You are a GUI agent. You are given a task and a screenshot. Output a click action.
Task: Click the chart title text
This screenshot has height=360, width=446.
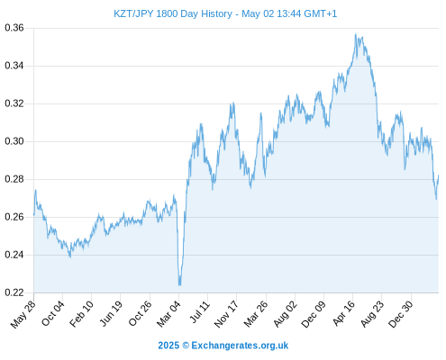point(225,13)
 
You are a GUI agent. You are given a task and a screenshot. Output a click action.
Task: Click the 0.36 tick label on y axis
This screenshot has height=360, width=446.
point(14,28)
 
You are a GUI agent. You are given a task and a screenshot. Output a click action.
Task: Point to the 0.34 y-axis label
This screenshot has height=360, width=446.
point(14,66)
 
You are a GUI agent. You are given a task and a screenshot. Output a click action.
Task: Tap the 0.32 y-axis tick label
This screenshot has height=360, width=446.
point(14,103)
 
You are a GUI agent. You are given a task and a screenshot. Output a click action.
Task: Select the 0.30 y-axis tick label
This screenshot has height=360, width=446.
point(14,141)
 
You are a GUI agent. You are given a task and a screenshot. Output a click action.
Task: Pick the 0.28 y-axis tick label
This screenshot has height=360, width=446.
point(14,179)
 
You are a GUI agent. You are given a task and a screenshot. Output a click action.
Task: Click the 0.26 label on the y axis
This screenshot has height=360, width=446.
point(14,217)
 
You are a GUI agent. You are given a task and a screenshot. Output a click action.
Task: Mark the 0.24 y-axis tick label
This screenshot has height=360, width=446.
point(14,255)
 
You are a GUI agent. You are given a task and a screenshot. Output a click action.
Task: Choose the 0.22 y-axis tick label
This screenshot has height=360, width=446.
point(14,292)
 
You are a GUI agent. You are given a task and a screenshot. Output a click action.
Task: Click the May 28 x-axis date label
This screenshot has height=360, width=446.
point(23,314)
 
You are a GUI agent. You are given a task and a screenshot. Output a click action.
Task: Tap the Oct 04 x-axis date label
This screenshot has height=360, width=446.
point(53,313)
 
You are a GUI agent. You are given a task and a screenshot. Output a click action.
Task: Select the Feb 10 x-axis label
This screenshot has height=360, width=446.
point(82,314)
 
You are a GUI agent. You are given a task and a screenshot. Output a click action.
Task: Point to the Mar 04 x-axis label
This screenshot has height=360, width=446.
point(168,314)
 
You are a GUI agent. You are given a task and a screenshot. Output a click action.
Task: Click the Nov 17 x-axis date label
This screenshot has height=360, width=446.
point(226,314)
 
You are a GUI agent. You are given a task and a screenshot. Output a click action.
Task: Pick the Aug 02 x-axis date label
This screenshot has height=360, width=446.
point(286,314)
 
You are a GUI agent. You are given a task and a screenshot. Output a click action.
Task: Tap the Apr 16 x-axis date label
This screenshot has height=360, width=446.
point(344,313)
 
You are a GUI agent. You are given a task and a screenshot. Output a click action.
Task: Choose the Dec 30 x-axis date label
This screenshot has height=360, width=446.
point(401,314)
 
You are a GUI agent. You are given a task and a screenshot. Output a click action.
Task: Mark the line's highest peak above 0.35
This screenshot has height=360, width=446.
point(356,34)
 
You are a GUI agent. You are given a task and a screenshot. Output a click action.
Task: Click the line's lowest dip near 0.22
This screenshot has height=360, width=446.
point(179,284)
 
